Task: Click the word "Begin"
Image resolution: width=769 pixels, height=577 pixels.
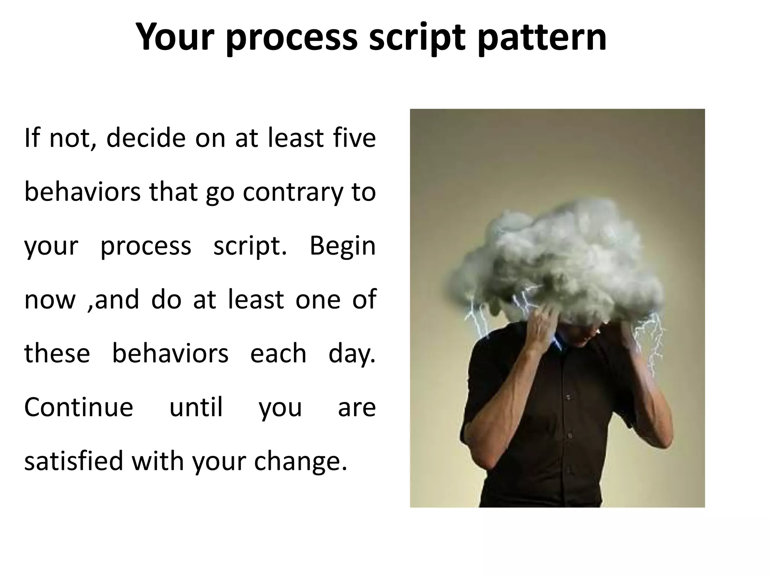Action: pos(342,246)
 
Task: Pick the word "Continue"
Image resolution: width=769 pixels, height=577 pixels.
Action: pos(79,407)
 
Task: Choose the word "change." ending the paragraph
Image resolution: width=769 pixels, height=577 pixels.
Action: pos(300,461)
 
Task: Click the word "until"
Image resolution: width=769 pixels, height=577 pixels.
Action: pos(196,407)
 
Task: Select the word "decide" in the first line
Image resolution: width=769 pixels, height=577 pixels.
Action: pos(146,138)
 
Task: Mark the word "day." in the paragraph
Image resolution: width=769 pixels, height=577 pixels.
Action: pos(352,354)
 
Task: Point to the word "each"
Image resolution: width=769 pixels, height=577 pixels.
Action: pos(278,354)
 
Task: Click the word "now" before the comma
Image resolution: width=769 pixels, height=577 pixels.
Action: pos(50,300)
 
